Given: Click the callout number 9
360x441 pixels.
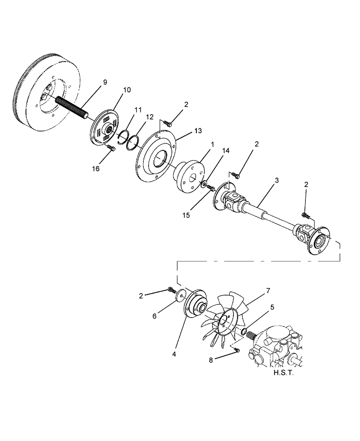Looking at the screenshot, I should click(105, 82).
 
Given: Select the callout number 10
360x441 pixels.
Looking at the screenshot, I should click(127, 90).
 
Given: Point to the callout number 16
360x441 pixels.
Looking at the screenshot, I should click(96, 168).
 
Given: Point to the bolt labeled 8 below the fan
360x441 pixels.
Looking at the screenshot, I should click(237, 350).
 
